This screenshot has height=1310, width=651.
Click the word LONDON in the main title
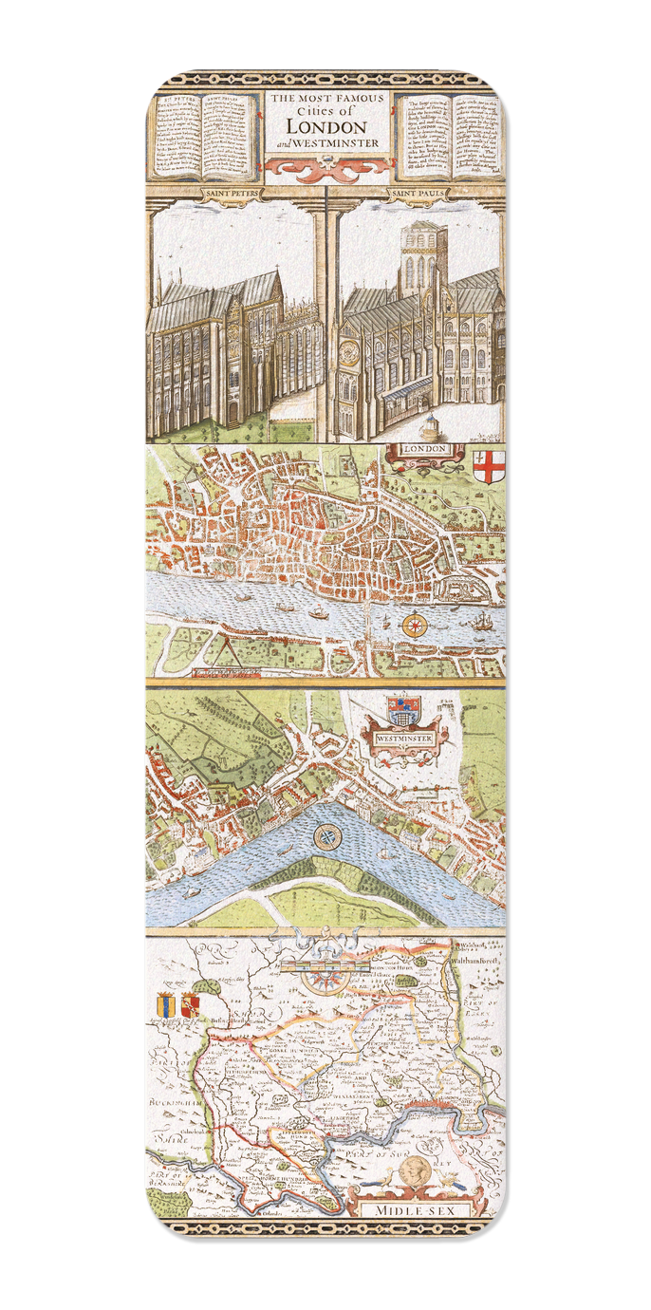325,126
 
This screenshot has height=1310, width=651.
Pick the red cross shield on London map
488,466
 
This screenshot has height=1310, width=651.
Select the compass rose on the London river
415,626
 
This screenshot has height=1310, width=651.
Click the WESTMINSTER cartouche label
404,738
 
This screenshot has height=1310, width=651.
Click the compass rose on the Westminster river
327,837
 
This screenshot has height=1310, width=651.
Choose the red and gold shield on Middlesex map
190,1005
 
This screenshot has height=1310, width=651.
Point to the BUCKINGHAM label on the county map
173,1104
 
